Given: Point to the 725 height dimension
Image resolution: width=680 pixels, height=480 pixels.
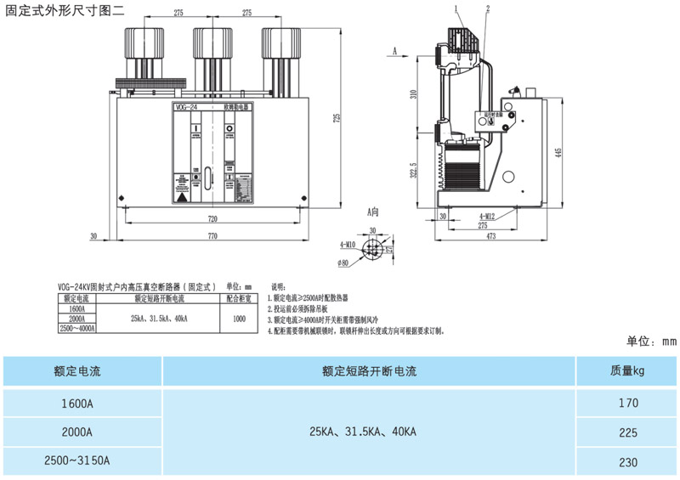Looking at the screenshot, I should (336, 118).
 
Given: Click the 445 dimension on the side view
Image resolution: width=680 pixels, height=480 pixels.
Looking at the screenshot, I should (558, 152).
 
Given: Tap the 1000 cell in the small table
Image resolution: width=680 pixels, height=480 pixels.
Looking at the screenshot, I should (239, 319).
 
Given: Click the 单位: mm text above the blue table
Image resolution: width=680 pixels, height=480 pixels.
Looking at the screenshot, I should (651, 342).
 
